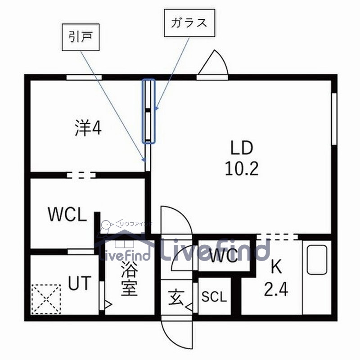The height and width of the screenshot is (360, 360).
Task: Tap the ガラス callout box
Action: pyautogui.click(x=189, y=23)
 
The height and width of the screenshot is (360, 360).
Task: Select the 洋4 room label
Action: pyautogui.click(x=88, y=129)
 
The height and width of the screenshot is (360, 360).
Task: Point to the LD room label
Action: pyautogui.click(x=242, y=148)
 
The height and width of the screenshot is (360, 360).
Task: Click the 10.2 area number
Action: pyautogui.click(x=242, y=169)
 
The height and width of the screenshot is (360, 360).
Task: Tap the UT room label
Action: pyautogui.click(x=80, y=284)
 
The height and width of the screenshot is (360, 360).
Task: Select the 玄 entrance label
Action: pyautogui.click(x=175, y=297)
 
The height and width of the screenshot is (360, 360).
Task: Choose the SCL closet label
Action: pyautogui.click(x=214, y=297)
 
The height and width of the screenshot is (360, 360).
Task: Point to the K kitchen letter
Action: pyautogui.click(x=275, y=267)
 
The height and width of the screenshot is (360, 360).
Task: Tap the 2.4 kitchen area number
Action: pyautogui.click(x=275, y=287)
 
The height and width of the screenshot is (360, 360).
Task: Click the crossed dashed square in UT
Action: pyautogui.click(x=46, y=299)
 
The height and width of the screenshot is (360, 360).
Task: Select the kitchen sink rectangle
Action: pyautogui.click(x=317, y=260)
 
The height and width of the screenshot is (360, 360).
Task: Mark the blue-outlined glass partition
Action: pyautogui.click(x=149, y=111)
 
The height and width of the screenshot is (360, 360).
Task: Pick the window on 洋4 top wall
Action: pyautogui.click(x=84, y=77)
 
